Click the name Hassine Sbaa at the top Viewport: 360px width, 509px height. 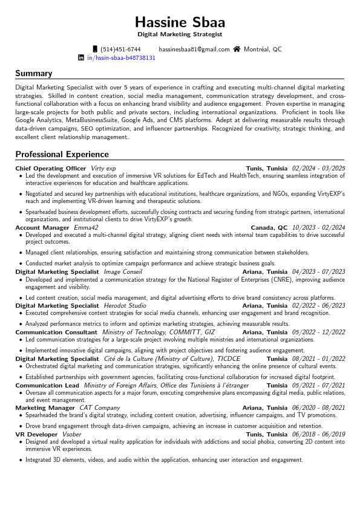click(180, 23)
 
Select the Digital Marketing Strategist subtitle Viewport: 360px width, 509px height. click(180, 35)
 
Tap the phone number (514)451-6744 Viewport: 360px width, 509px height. click(120, 50)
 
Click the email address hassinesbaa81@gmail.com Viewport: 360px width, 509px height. click(194, 50)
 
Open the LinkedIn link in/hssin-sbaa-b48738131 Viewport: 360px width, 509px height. click(121, 58)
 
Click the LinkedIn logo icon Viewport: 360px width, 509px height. click(81, 58)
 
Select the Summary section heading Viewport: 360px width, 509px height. click(34, 74)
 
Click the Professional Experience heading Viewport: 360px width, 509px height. click(62, 154)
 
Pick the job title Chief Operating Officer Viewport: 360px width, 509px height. click(51, 168)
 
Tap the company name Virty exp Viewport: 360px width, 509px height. click(103, 168)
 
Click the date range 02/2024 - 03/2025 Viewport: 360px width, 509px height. click(318, 168)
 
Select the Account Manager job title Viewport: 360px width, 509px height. click(42, 228)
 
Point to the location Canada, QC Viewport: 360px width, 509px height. click(269, 228)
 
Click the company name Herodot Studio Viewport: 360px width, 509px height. click(125, 306)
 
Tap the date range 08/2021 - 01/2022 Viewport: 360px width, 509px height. click(318, 358)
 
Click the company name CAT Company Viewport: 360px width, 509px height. click(100, 408)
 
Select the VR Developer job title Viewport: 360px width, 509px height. click(36, 434)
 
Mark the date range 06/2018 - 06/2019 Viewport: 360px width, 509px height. click(318, 434)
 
